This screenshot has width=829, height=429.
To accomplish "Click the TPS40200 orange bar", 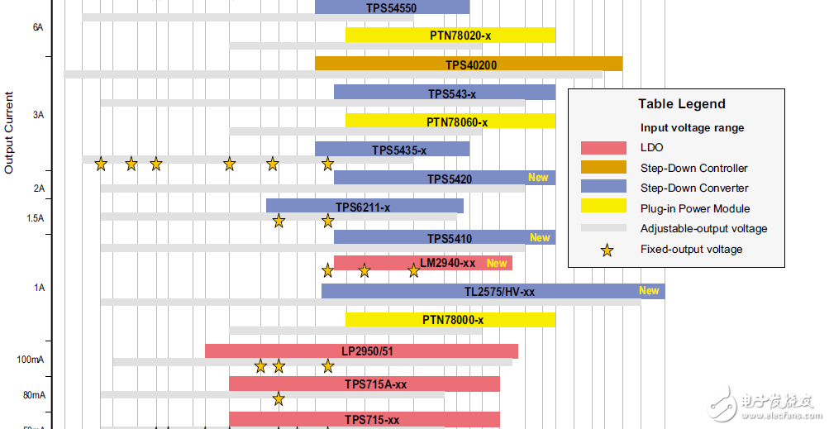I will coord(469,64).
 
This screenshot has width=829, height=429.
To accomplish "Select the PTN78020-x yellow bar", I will coord(450,35).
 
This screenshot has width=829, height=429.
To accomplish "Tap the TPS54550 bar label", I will coord(391,8).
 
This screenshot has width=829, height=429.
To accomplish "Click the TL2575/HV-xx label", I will coord(499,291).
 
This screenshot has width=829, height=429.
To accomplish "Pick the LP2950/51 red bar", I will coord(361,350).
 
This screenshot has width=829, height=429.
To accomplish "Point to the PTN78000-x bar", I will coord(450,319).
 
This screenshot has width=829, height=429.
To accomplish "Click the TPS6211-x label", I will coord(362,207).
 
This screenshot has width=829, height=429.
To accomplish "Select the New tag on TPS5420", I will coord(538,178).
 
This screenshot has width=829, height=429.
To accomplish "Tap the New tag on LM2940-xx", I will coord(497,263).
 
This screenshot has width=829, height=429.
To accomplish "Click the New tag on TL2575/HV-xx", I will coord(649,290).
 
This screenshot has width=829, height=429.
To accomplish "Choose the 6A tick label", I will coord(38,27).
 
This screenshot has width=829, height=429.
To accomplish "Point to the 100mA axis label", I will coord(31,360).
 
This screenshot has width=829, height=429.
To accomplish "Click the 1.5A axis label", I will coord(35,217).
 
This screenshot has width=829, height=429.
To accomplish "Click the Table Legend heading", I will coord(681,104).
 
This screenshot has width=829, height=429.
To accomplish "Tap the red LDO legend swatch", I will coord(603,148).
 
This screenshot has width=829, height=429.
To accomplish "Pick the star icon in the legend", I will coord(607,250).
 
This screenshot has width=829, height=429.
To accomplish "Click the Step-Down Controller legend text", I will coord(693,168).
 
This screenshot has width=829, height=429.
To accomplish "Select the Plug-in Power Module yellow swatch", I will coord(603,208).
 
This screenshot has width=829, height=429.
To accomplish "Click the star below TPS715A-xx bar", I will coord(279,398).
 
